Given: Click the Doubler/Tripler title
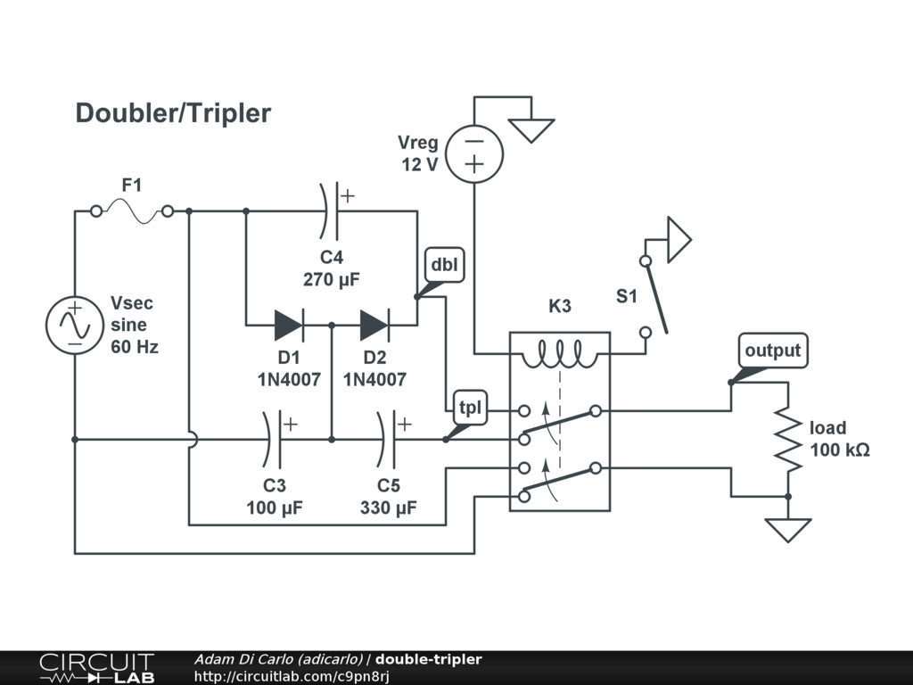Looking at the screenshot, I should click(173, 113).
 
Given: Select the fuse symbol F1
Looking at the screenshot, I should click(132, 211).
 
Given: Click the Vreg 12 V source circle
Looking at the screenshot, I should click(473, 153).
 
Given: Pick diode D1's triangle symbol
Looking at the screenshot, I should click(288, 326).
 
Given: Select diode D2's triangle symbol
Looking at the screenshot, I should click(374, 326).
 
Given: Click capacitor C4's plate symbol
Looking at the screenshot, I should click(331, 211).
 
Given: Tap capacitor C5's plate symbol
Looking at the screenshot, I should click(388, 439).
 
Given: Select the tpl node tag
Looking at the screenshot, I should click(468, 408).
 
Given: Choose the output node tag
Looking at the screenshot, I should click(772, 351).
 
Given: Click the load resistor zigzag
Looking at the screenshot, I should click(787, 439).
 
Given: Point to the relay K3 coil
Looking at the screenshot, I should click(559, 354).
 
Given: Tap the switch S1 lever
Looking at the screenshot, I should click(655, 296).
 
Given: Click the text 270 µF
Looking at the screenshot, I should click(331, 279).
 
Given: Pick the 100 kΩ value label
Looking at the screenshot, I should click(839, 450).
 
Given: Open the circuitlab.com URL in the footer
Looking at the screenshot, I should click(292, 676).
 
